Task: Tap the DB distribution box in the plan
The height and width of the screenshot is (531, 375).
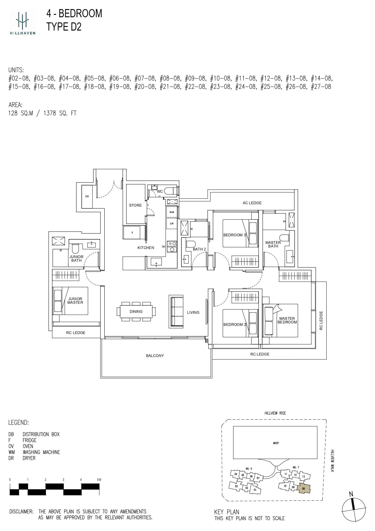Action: click(x=87, y=197)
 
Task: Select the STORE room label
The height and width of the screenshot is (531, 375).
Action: click(x=135, y=205)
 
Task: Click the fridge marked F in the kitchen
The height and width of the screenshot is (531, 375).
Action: click(x=132, y=233)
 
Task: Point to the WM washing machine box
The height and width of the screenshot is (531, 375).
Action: click(x=171, y=212)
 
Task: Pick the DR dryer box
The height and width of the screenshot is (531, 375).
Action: click(x=171, y=224)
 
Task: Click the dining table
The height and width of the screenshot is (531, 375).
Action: click(x=136, y=311)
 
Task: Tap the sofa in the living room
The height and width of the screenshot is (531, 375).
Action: click(x=176, y=311)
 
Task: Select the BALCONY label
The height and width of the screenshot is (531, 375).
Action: click(x=155, y=356)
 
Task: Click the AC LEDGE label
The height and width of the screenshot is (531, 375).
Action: click(x=252, y=203)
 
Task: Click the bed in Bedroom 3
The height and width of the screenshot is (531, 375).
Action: click(x=240, y=233)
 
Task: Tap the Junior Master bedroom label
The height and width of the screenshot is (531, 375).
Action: click(x=75, y=301)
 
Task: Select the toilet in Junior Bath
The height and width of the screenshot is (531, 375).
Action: click(x=75, y=248)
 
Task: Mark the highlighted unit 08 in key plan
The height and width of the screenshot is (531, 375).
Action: click(x=304, y=488)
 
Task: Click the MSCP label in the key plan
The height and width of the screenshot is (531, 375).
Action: click(x=276, y=443)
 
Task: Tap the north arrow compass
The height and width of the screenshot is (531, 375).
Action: click(x=354, y=509)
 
